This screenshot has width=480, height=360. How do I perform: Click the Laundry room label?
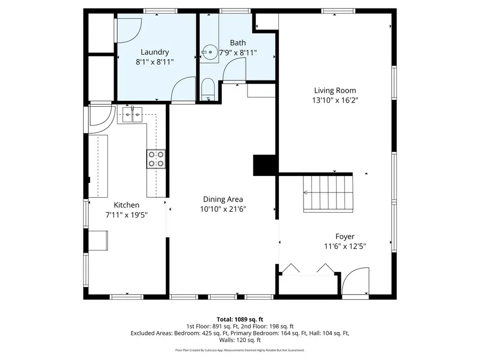click(155, 52)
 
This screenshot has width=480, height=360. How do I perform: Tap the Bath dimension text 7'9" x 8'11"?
click(238, 53)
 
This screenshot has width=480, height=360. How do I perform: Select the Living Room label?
click(334, 91)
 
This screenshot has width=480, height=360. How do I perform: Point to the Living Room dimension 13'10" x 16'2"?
click(334, 100)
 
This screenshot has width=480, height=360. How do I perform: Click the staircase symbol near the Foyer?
click(328, 193)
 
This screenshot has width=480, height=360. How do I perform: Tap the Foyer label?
click(345, 236)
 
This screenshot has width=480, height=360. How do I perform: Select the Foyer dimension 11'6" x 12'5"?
click(345, 246)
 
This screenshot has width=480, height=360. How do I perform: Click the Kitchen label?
click(126, 205)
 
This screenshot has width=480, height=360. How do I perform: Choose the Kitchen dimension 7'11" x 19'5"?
click(126, 215)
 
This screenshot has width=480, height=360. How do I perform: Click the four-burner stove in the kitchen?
click(156, 159)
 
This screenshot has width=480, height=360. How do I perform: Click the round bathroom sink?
click(208, 53)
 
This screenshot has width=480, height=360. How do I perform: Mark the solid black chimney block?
click(265, 165)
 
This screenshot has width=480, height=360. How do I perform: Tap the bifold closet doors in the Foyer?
click(308, 269)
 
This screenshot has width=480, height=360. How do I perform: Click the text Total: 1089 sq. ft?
click(239, 318)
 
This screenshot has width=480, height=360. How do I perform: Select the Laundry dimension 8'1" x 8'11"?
click(155, 62)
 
